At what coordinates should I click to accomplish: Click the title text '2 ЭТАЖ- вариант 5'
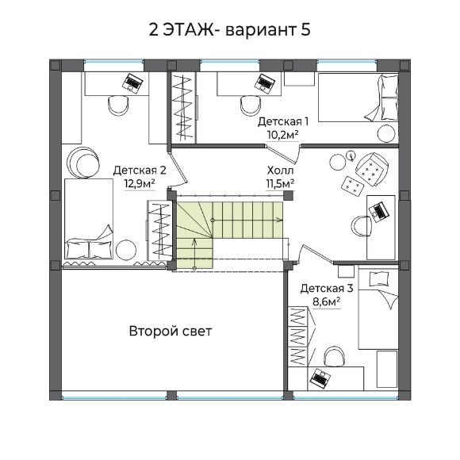pyautogui.click(x=229, y=30)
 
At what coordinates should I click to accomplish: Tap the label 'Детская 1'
pyautogui.click(x=283, y=121)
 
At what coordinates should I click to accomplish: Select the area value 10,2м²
pyautogui.click(x=283, y=135)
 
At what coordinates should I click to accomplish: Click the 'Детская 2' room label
pyautogui.click(x=140, y=171)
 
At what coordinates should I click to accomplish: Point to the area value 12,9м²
pyautogui.click(x=140, y=184)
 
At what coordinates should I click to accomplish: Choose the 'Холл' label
pyautogui.click(x=280, y=171)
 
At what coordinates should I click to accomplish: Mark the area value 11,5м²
pyautogui.click(x=280, y=184)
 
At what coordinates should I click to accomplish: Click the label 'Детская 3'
pyautogui.click(x=327, y=289)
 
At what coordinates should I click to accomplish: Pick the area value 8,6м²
pyautogui.click(x=327, y=302)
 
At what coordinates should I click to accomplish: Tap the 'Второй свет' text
pyautogui.click(x=171, y=332)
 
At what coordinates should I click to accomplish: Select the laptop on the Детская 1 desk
pyautogui.click(x=265, y=83)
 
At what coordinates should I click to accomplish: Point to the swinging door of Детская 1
pyautogui.click(x=282, y=153)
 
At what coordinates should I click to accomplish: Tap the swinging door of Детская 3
pyautogui.click(x=316, y=254)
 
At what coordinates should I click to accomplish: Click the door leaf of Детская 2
pyautogui.click(x=178, y=168)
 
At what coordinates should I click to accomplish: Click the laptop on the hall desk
pyautogui.click(x=379, y=211)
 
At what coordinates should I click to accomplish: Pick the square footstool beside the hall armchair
pyautogui.click(x=353, y=186)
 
